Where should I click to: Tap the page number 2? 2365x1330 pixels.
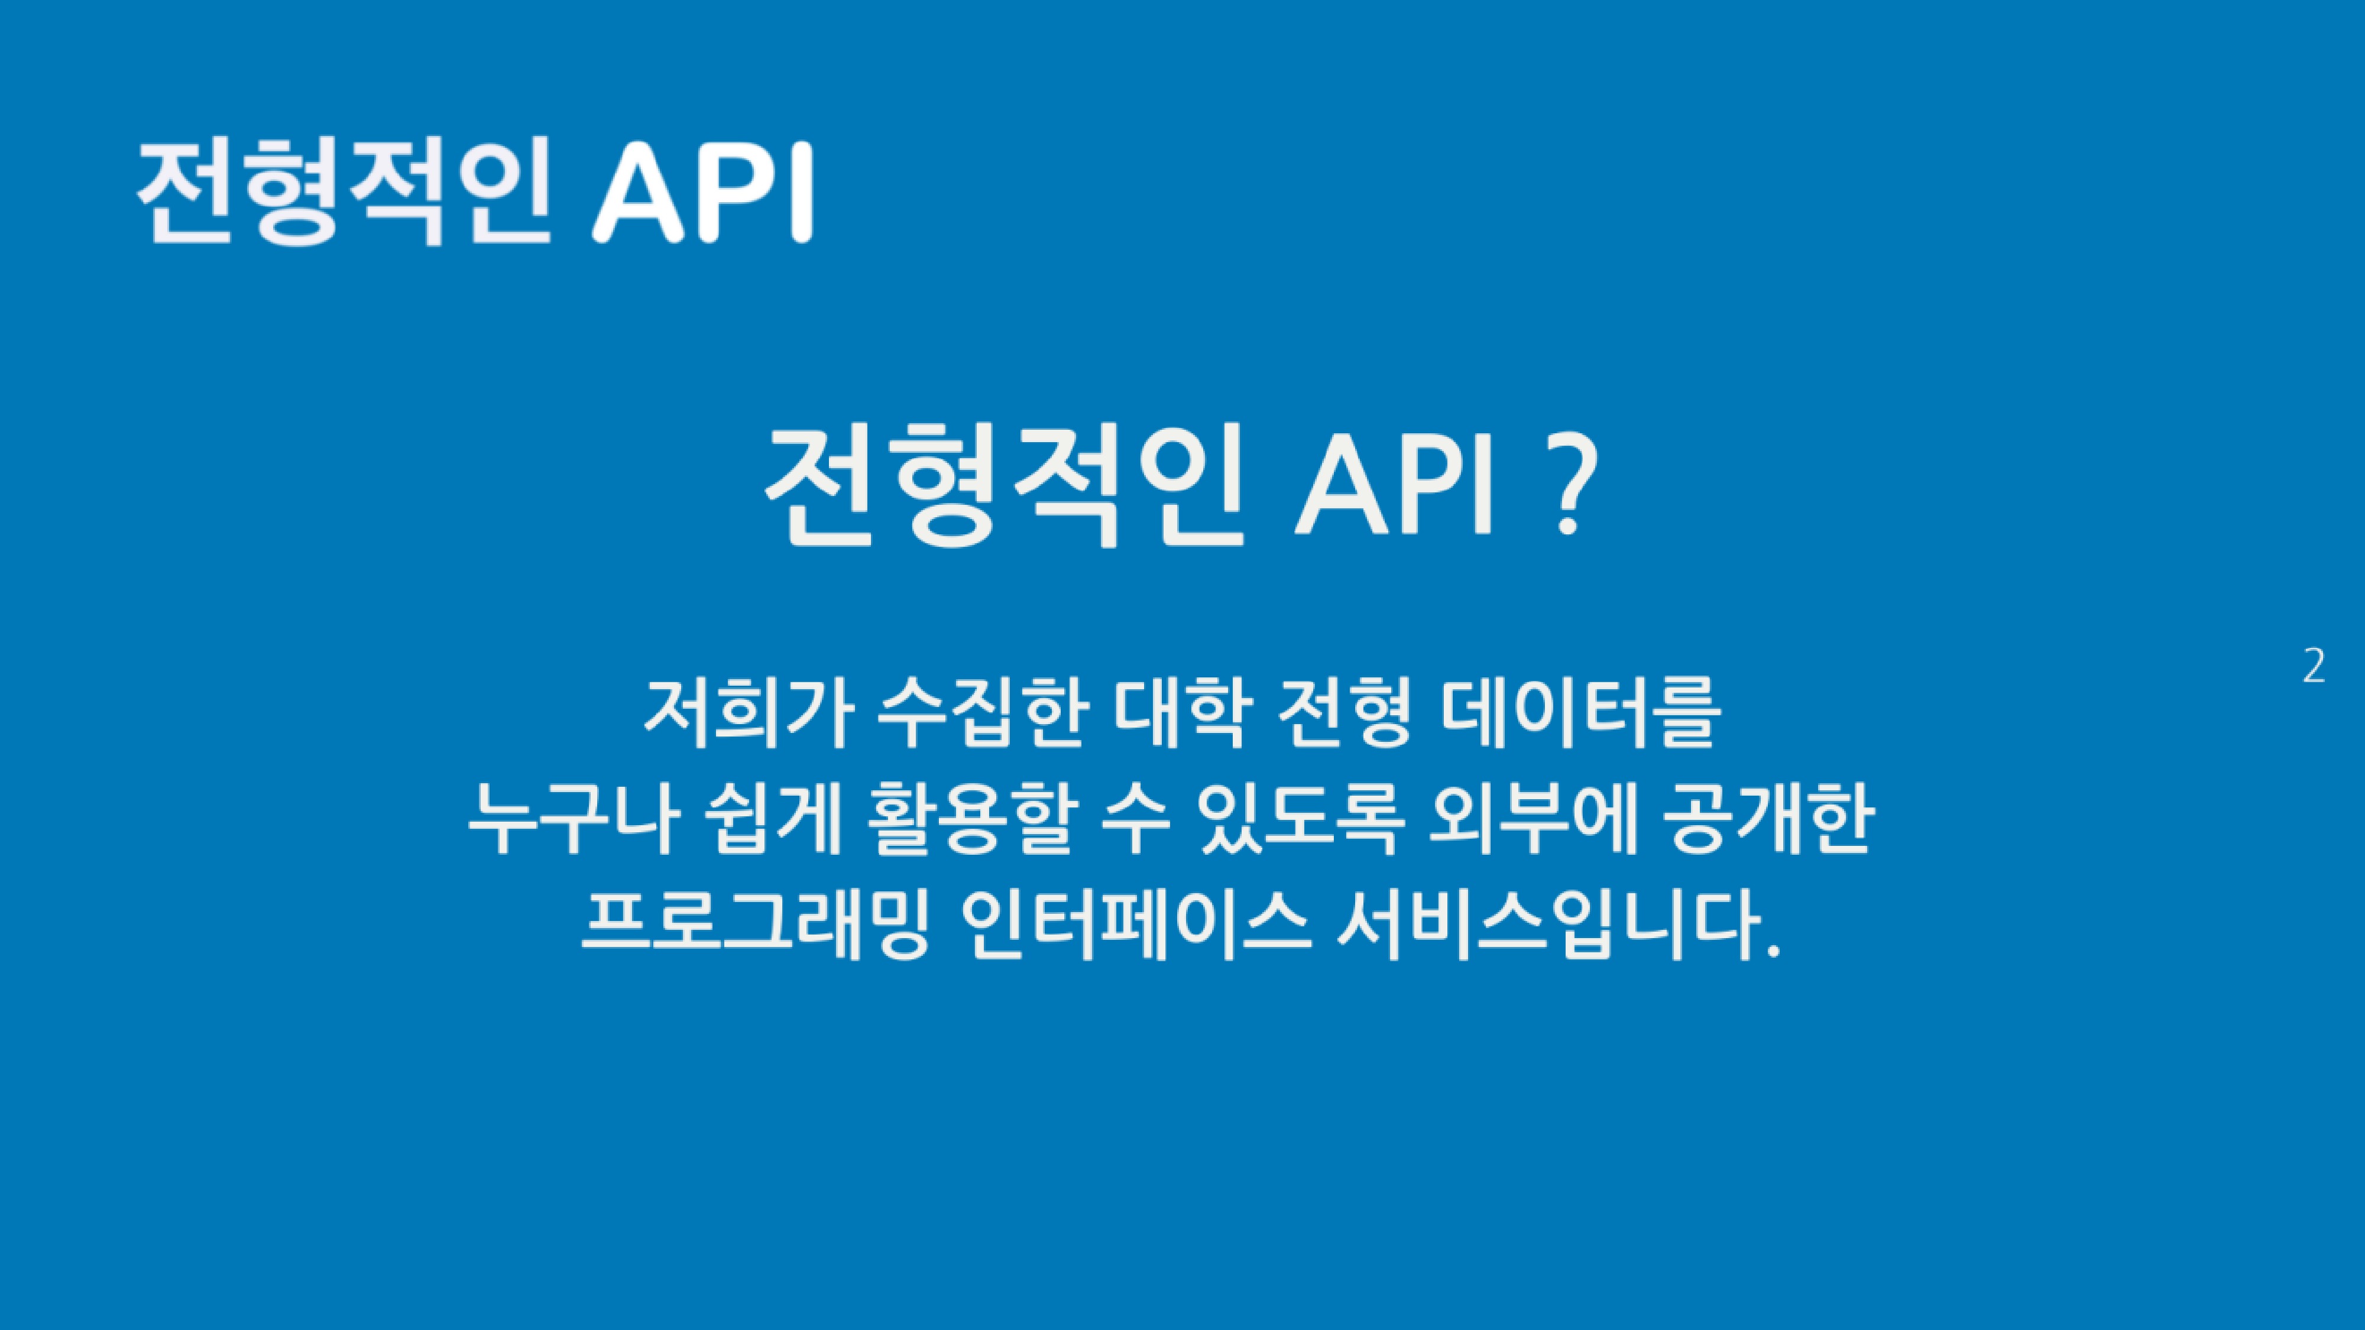click(x=2314, y=667)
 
